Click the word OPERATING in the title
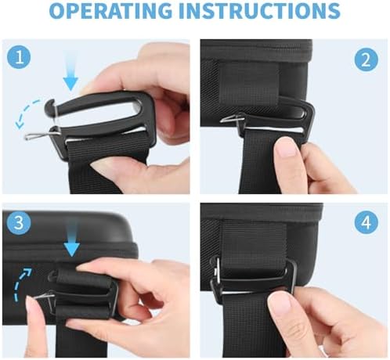pos(110,10)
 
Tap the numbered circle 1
pos(19,57)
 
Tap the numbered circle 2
pos(366,60)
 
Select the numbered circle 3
pos(19,222)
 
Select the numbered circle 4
pos(367,222)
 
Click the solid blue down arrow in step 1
pos(70,71)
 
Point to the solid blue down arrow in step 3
pos(71,238)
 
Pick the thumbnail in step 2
pos(287,146)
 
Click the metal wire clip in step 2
pos(233,119)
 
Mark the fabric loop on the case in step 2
pos(248,85)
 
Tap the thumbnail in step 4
pos(280,303)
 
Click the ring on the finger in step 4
pos(323,350)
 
